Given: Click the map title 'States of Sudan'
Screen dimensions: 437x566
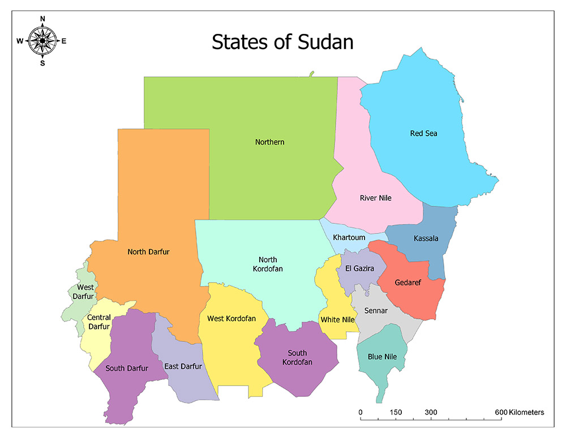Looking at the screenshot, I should click(x=282, y=42).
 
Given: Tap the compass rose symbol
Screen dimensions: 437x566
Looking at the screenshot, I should click(x=42, y=40).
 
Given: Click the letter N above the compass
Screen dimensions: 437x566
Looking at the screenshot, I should click(x=42, y=19).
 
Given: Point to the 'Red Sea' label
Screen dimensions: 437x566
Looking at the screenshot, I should click(x=423, y=133).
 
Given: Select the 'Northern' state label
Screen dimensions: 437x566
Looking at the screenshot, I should click(x=269, y=142).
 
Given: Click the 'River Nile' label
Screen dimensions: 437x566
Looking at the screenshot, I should click(x=375, y=198).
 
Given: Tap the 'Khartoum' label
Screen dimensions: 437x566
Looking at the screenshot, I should click(x=349, y=237).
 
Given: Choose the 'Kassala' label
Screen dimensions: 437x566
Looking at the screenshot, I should click(x=426, y=239).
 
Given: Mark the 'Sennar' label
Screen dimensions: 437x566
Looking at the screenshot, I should click(x=376, y=311).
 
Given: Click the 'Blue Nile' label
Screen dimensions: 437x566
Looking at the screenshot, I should click(x=382, y=357).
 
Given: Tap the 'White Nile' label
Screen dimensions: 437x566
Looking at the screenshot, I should click(x=337, y=320).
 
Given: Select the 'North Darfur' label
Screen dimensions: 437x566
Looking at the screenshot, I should click(x=148, y=252).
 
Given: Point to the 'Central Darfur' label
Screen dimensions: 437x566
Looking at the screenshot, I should click(x=98, y=322).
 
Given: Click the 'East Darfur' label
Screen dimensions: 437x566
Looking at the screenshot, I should click(x=183, y=366).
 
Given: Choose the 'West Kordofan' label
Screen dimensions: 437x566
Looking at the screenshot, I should click(x=231, y=319).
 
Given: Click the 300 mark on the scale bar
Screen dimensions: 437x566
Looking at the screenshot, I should click(x=431, y=412).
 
